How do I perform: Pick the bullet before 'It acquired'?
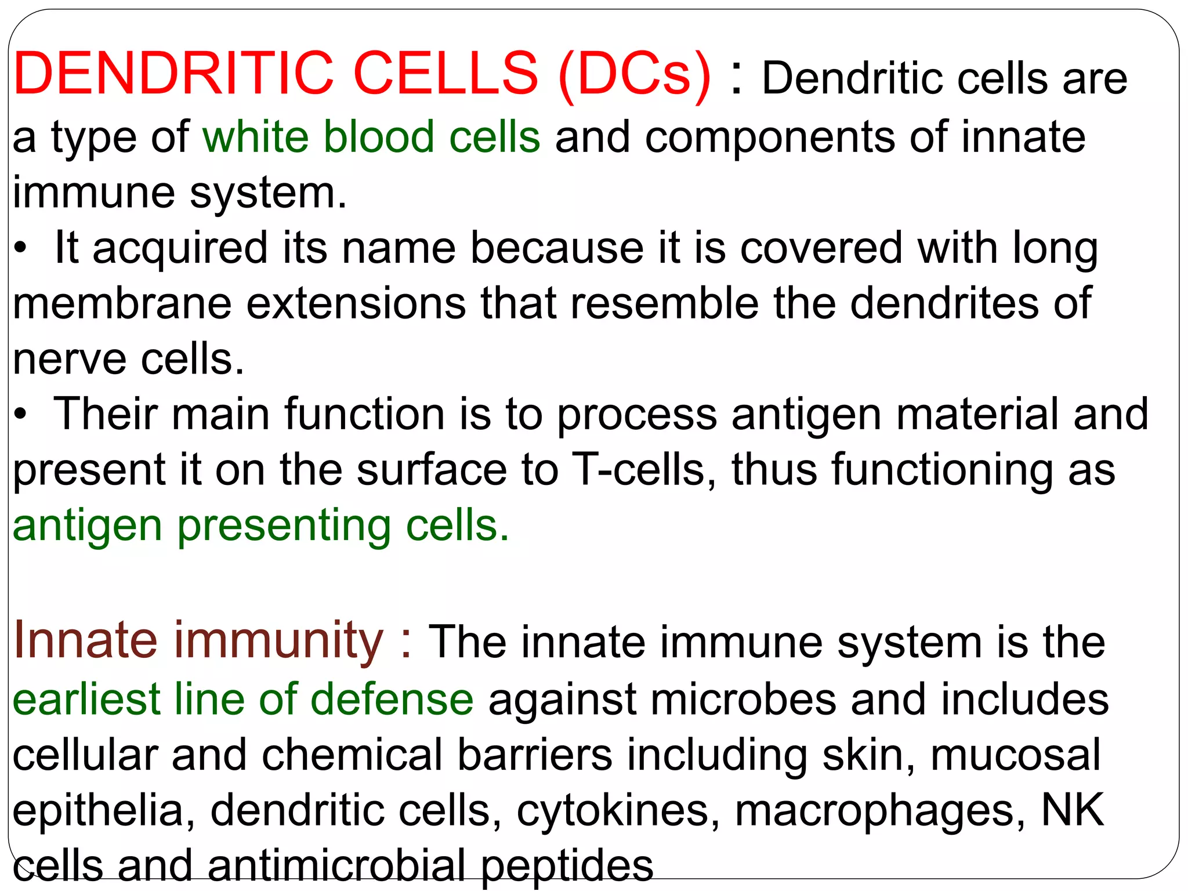[x=21, y=248]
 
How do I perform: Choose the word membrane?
[x=122, y=303]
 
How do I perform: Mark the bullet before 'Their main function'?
[x=21, y=415]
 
